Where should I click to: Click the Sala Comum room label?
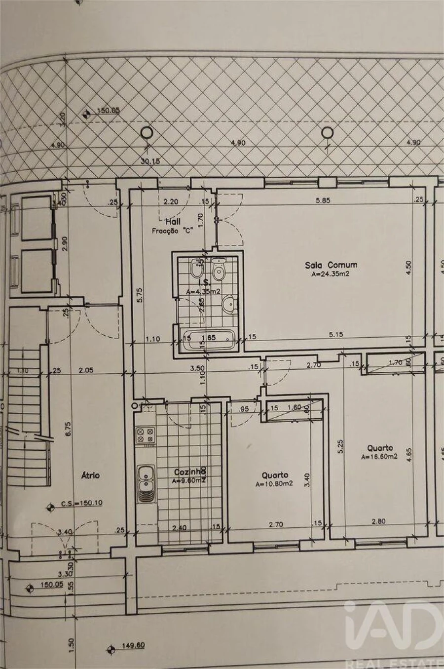[x=331, y=265]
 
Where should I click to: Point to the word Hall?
[x=173, y=222]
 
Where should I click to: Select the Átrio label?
[x=90, y=475]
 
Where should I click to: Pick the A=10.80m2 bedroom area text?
[x=274, y=484]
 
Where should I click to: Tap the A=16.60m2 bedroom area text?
[x=379, y=457]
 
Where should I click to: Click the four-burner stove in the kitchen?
[x=146, y=435]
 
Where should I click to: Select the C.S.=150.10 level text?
[x=81, y=503]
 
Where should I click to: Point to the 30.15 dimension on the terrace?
[x=150, y=160]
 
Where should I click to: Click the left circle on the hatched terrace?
[x=147, y=132]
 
